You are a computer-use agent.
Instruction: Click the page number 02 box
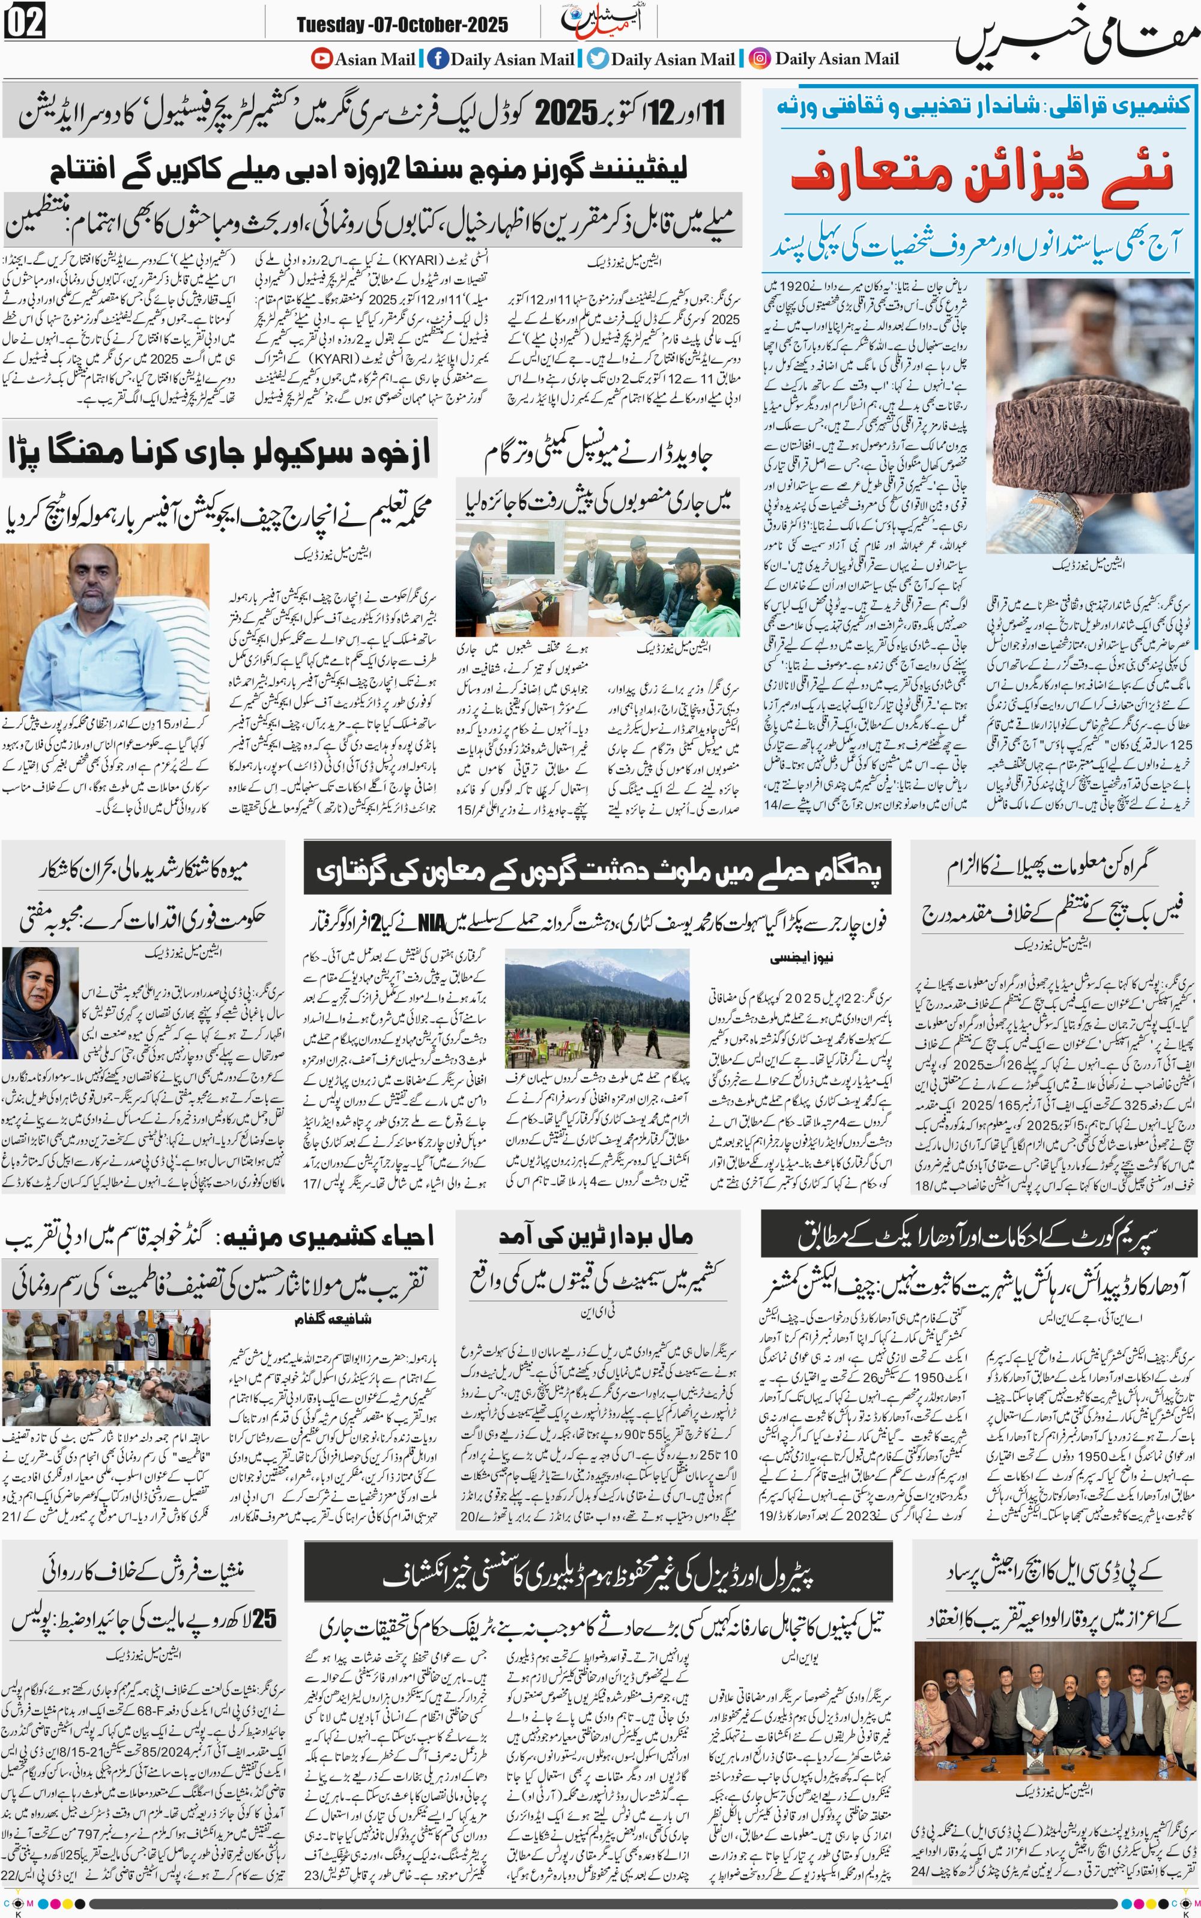coord(25,22)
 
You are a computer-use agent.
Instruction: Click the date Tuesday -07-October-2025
coord(402,25)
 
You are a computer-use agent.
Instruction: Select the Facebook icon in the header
coord(437,58)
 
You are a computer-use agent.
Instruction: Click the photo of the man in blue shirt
coord(106,628)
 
